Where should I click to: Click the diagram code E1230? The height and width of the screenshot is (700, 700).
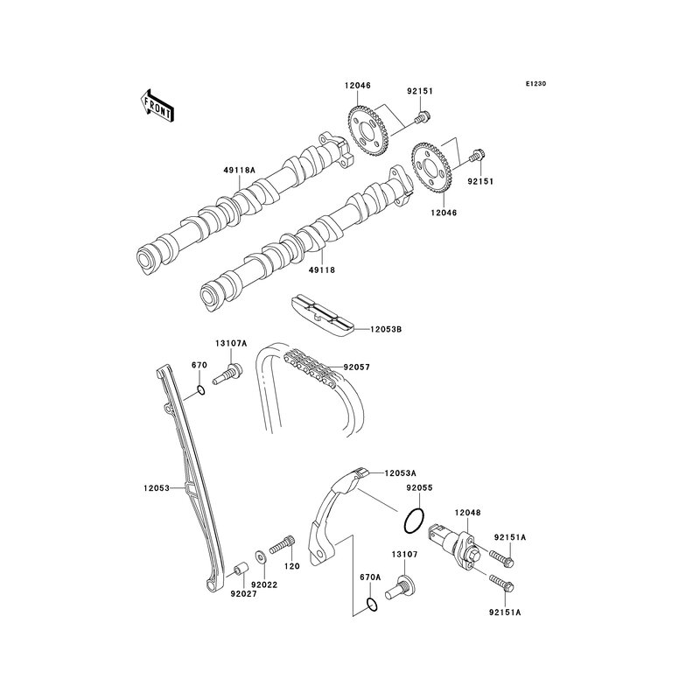535,84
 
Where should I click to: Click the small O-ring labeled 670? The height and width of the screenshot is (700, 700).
199,390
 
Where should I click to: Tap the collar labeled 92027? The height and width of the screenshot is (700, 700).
236,574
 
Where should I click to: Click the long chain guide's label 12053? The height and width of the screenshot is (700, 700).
157,488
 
